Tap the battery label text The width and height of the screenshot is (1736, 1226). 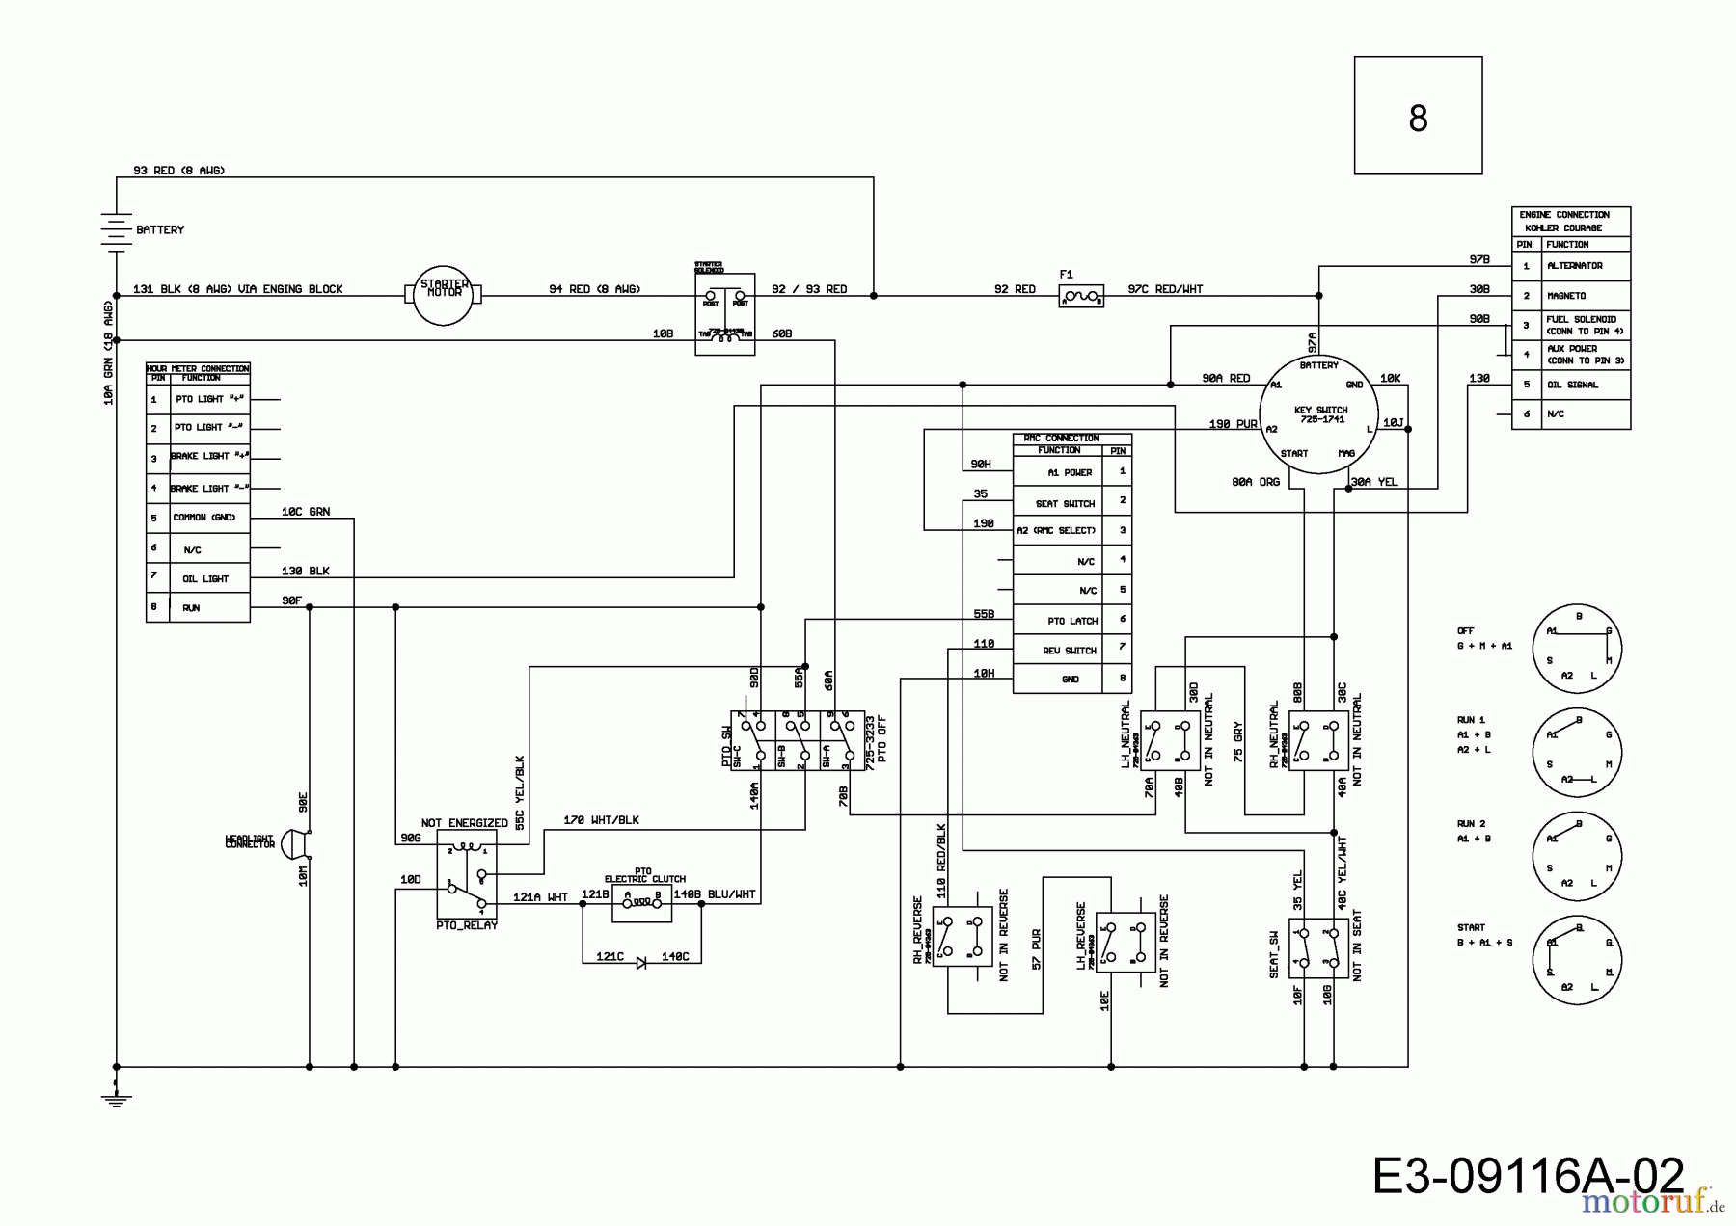(160, 230)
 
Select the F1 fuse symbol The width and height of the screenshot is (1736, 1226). (1080, 297)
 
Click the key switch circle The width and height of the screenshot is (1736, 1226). (1320, 415)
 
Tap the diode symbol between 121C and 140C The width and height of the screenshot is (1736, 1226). (640, 963)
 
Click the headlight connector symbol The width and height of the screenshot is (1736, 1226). (292, 842)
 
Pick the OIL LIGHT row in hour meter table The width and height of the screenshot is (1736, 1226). (205, 579)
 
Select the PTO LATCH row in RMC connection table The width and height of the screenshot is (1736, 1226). (1071, 621)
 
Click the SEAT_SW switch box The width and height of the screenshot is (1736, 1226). (1318, 946)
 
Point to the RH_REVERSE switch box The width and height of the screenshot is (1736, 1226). (962, 936)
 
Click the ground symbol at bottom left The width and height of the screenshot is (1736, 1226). (116, 1098)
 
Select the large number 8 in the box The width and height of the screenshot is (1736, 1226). (1417, 119)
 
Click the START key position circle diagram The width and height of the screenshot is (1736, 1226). (1577, 959)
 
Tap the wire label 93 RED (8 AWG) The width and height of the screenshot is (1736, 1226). (178, 171)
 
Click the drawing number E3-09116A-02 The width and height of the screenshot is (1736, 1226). (1527, 1178)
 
